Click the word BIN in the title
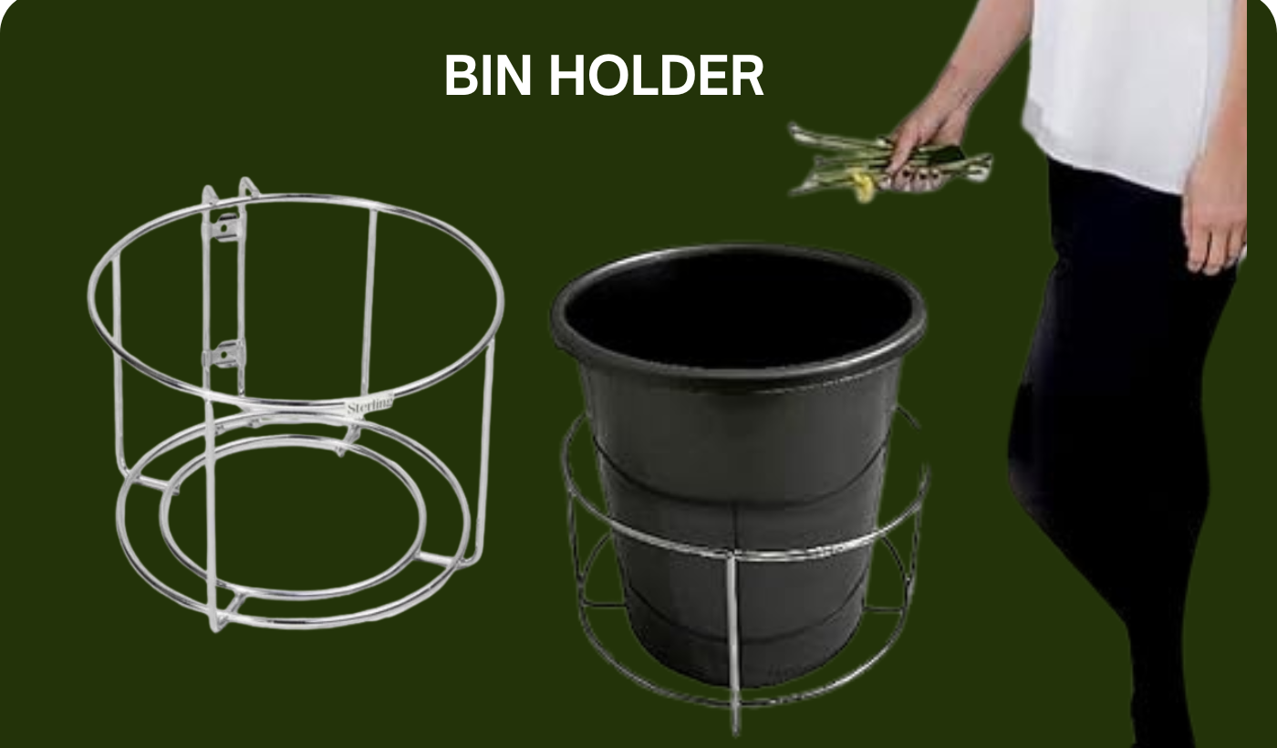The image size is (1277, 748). [x=488, y=75]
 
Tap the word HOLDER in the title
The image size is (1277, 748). [x=656, y=75]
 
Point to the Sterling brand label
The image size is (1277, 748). [x=370, y=406]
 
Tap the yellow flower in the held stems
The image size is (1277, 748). [x=862, y=187]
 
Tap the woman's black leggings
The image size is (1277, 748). [x=1117, y=456]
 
